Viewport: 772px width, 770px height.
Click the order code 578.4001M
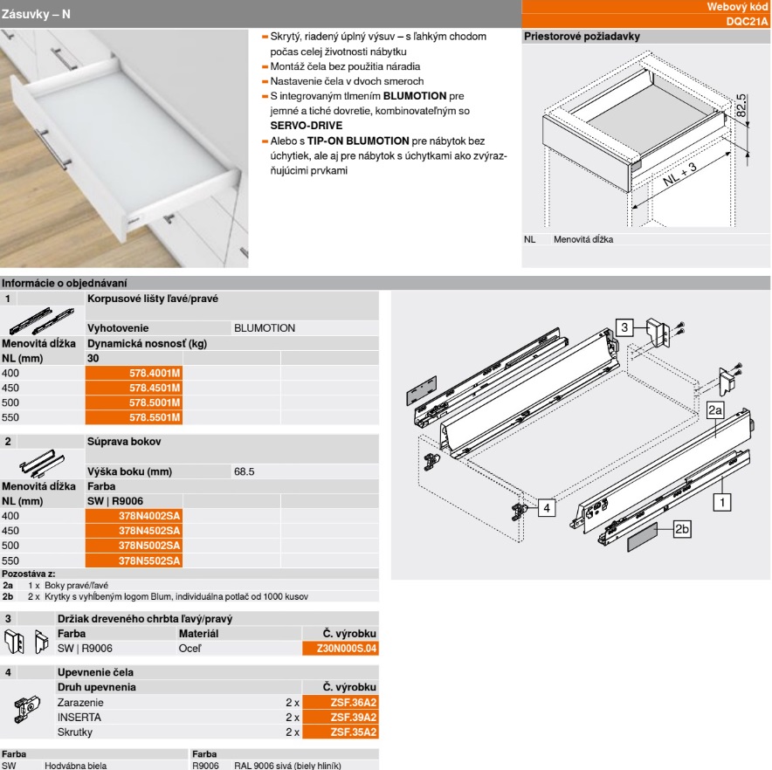click(x=155, y=373)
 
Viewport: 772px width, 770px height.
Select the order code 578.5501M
click(x=155, y=416)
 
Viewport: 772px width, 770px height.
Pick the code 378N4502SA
click(x=149, y=531)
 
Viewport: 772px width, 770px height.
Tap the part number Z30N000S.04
click(x=352, y=649)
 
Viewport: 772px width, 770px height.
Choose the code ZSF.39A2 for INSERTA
click(x=354, y=717)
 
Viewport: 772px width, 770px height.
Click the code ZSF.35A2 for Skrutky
click(x=354, y=732)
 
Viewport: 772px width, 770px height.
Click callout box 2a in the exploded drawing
click(x=715, y=409)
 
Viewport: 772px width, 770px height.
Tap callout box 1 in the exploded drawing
click(x=723, y=501)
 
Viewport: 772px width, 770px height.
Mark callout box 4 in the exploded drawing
click(x=545, y=507)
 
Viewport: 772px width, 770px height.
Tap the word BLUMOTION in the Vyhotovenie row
click(x=265, y=328)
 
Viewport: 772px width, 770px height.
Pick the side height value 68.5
click(x=244, y=472)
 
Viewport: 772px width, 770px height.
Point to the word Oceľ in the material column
click(x=190, y=649)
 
